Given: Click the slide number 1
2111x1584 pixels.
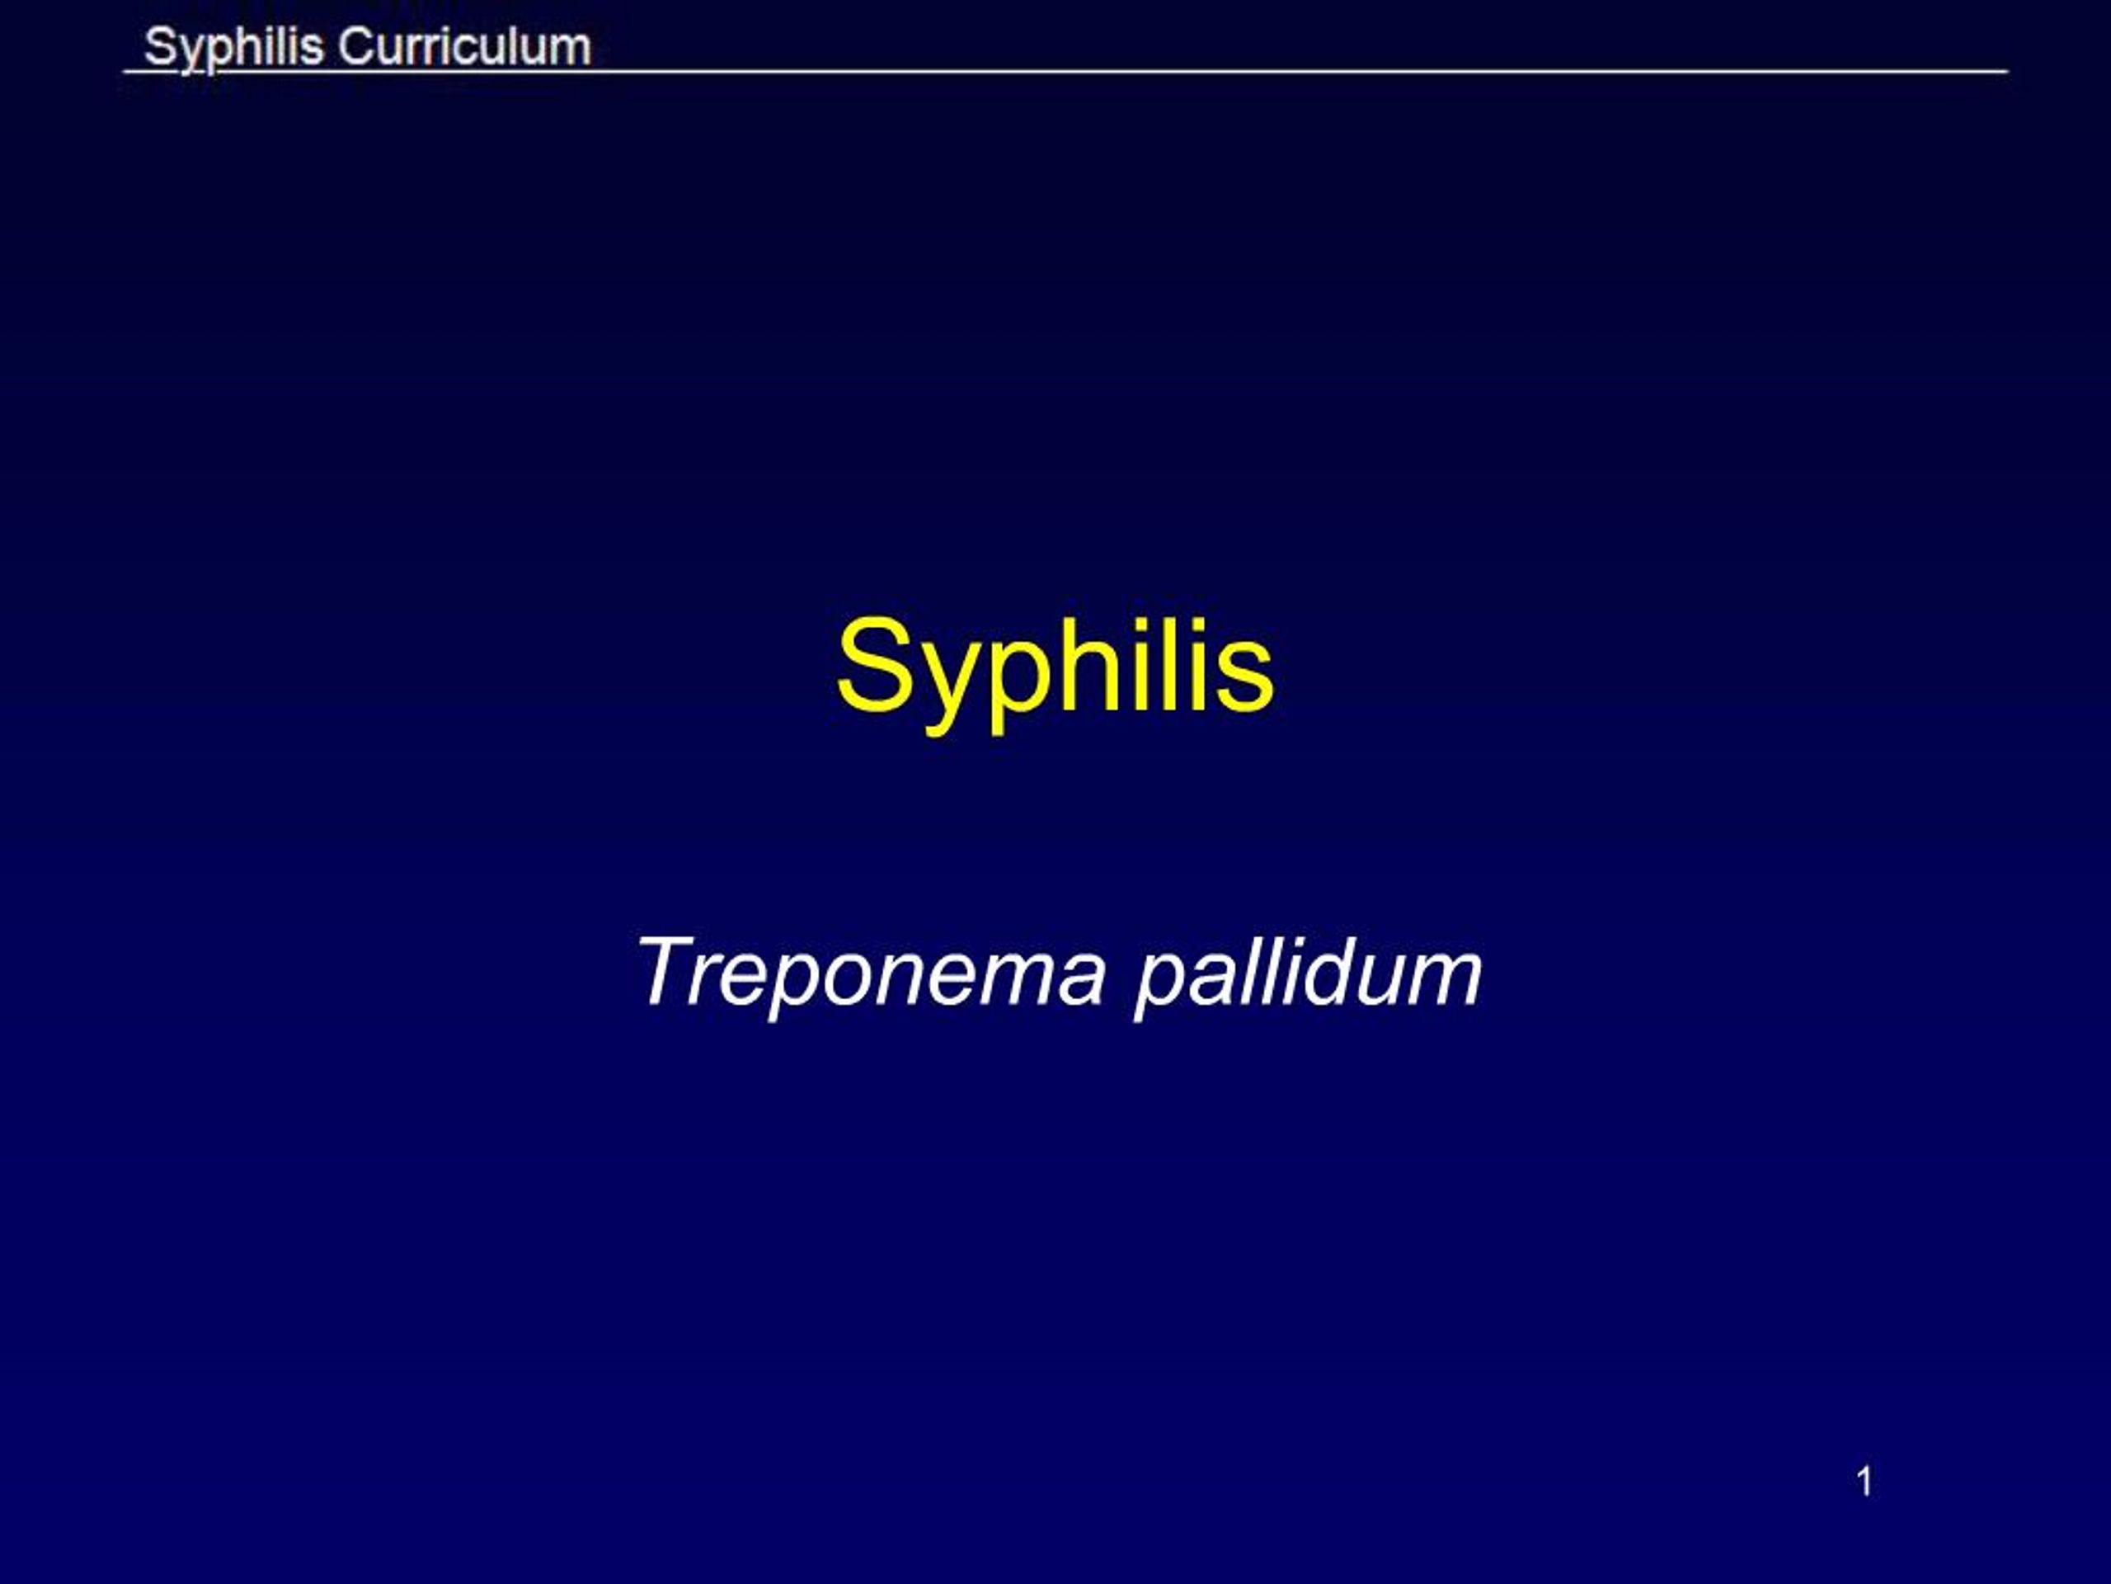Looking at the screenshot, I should [1864, 1481].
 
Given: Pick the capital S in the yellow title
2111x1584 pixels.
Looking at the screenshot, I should [870, 666].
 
